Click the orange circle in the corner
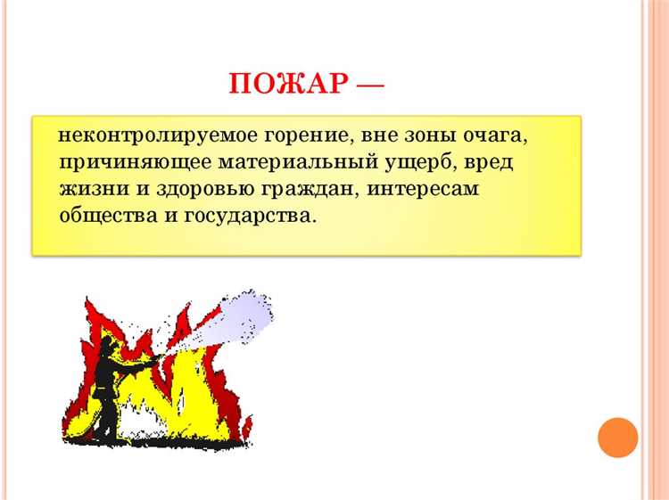tap(617, 438)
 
